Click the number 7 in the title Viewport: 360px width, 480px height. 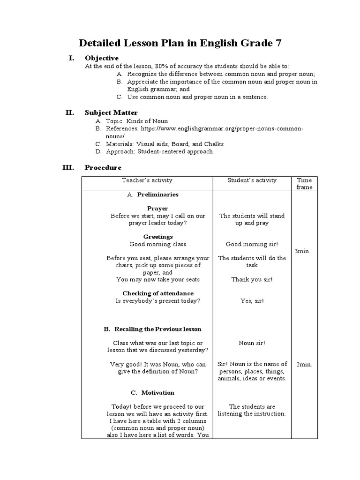[278, 44]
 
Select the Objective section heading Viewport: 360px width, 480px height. [101, 58]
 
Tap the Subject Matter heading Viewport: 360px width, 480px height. [111, 112]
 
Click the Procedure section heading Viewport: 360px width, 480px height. [103, 167]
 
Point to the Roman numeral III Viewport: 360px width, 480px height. [68, 167]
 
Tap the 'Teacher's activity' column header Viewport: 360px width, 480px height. [147, 180]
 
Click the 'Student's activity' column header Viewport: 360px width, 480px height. [252, 180]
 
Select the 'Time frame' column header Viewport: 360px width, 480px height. [304, 183]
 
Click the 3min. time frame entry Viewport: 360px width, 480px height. [302, 251]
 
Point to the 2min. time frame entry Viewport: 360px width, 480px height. [304, 364]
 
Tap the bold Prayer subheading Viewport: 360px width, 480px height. [157, 208]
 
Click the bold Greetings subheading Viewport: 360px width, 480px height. [158, 237]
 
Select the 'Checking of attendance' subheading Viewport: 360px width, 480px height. [157, 293]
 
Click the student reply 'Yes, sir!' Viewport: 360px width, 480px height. [252, 300]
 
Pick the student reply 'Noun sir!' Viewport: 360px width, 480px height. [252, 343]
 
